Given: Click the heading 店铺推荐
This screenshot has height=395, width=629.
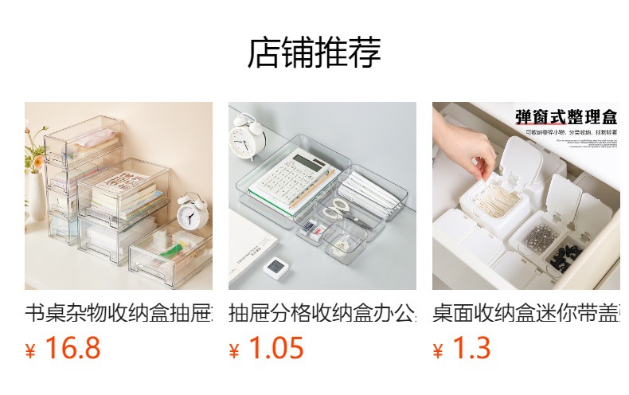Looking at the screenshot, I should pos(314,53).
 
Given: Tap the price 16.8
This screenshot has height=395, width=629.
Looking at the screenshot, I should pos(72,349).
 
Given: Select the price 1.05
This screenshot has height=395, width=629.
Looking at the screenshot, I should pos(276,349).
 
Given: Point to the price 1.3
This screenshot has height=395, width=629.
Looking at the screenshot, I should pos(471,349).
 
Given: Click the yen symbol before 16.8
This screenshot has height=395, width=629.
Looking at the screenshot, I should pos(31,351).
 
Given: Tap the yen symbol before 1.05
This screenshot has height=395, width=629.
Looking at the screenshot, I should pos(235,351).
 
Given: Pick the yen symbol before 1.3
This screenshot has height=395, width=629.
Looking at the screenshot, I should pos(439,351).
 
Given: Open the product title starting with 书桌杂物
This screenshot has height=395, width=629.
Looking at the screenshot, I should pos(119,312).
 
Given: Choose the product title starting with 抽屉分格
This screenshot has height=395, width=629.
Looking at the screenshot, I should pos(322,312).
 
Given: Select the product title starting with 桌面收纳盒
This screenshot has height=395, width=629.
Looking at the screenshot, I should pos(526,312).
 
